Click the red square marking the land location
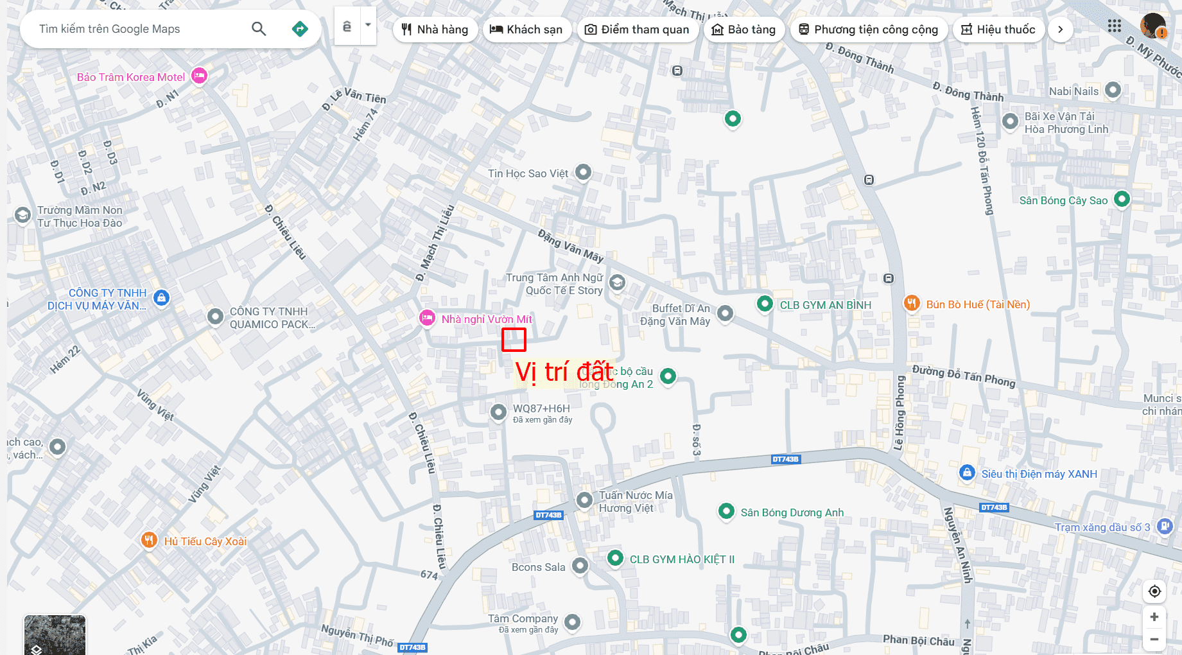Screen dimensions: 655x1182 tap(514, 340)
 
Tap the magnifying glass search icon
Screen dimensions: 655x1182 tap(259, 29)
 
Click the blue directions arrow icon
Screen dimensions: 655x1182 tap(300, 29)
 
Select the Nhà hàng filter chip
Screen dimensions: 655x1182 tap(435, 30)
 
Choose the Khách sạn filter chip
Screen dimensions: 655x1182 tap(526, 30)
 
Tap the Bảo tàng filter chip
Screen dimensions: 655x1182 tap(744, 30)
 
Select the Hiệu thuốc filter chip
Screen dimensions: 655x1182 tap(998, 30)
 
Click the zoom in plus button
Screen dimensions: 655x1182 tap(1154, 617)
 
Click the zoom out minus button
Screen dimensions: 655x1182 tap(1154, 639)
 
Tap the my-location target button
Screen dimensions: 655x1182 tap(1154, 591)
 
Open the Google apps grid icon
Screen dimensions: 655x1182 tap(1115, 26)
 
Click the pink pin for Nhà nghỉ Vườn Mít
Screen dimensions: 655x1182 tap(427, 318)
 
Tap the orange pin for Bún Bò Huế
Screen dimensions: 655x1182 tap(912, 303)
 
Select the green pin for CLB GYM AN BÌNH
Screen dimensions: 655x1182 tap(765, 303)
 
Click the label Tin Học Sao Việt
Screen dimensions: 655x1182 tap(528, 173)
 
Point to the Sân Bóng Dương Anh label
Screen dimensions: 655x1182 tap(792, 512)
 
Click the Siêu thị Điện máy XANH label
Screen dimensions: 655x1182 tap(1039, 474)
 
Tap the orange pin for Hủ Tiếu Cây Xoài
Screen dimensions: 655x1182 tap(149, 539)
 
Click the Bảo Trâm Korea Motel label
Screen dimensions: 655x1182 tap(131, 77)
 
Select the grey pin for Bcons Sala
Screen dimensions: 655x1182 tap(580, 566)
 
